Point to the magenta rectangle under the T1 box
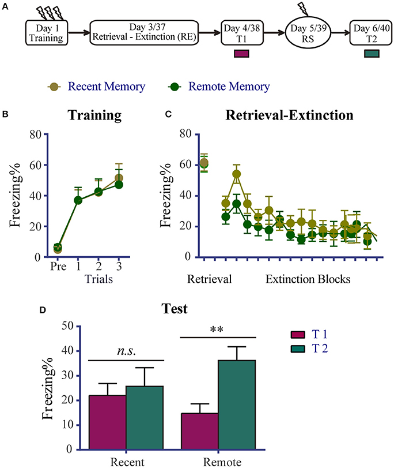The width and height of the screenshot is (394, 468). tap(242, 54)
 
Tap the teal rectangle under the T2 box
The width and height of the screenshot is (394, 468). tap(372, 54)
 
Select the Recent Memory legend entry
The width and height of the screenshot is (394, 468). tap(95, 87)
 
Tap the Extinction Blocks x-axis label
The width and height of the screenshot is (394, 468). tap(308, 279)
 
